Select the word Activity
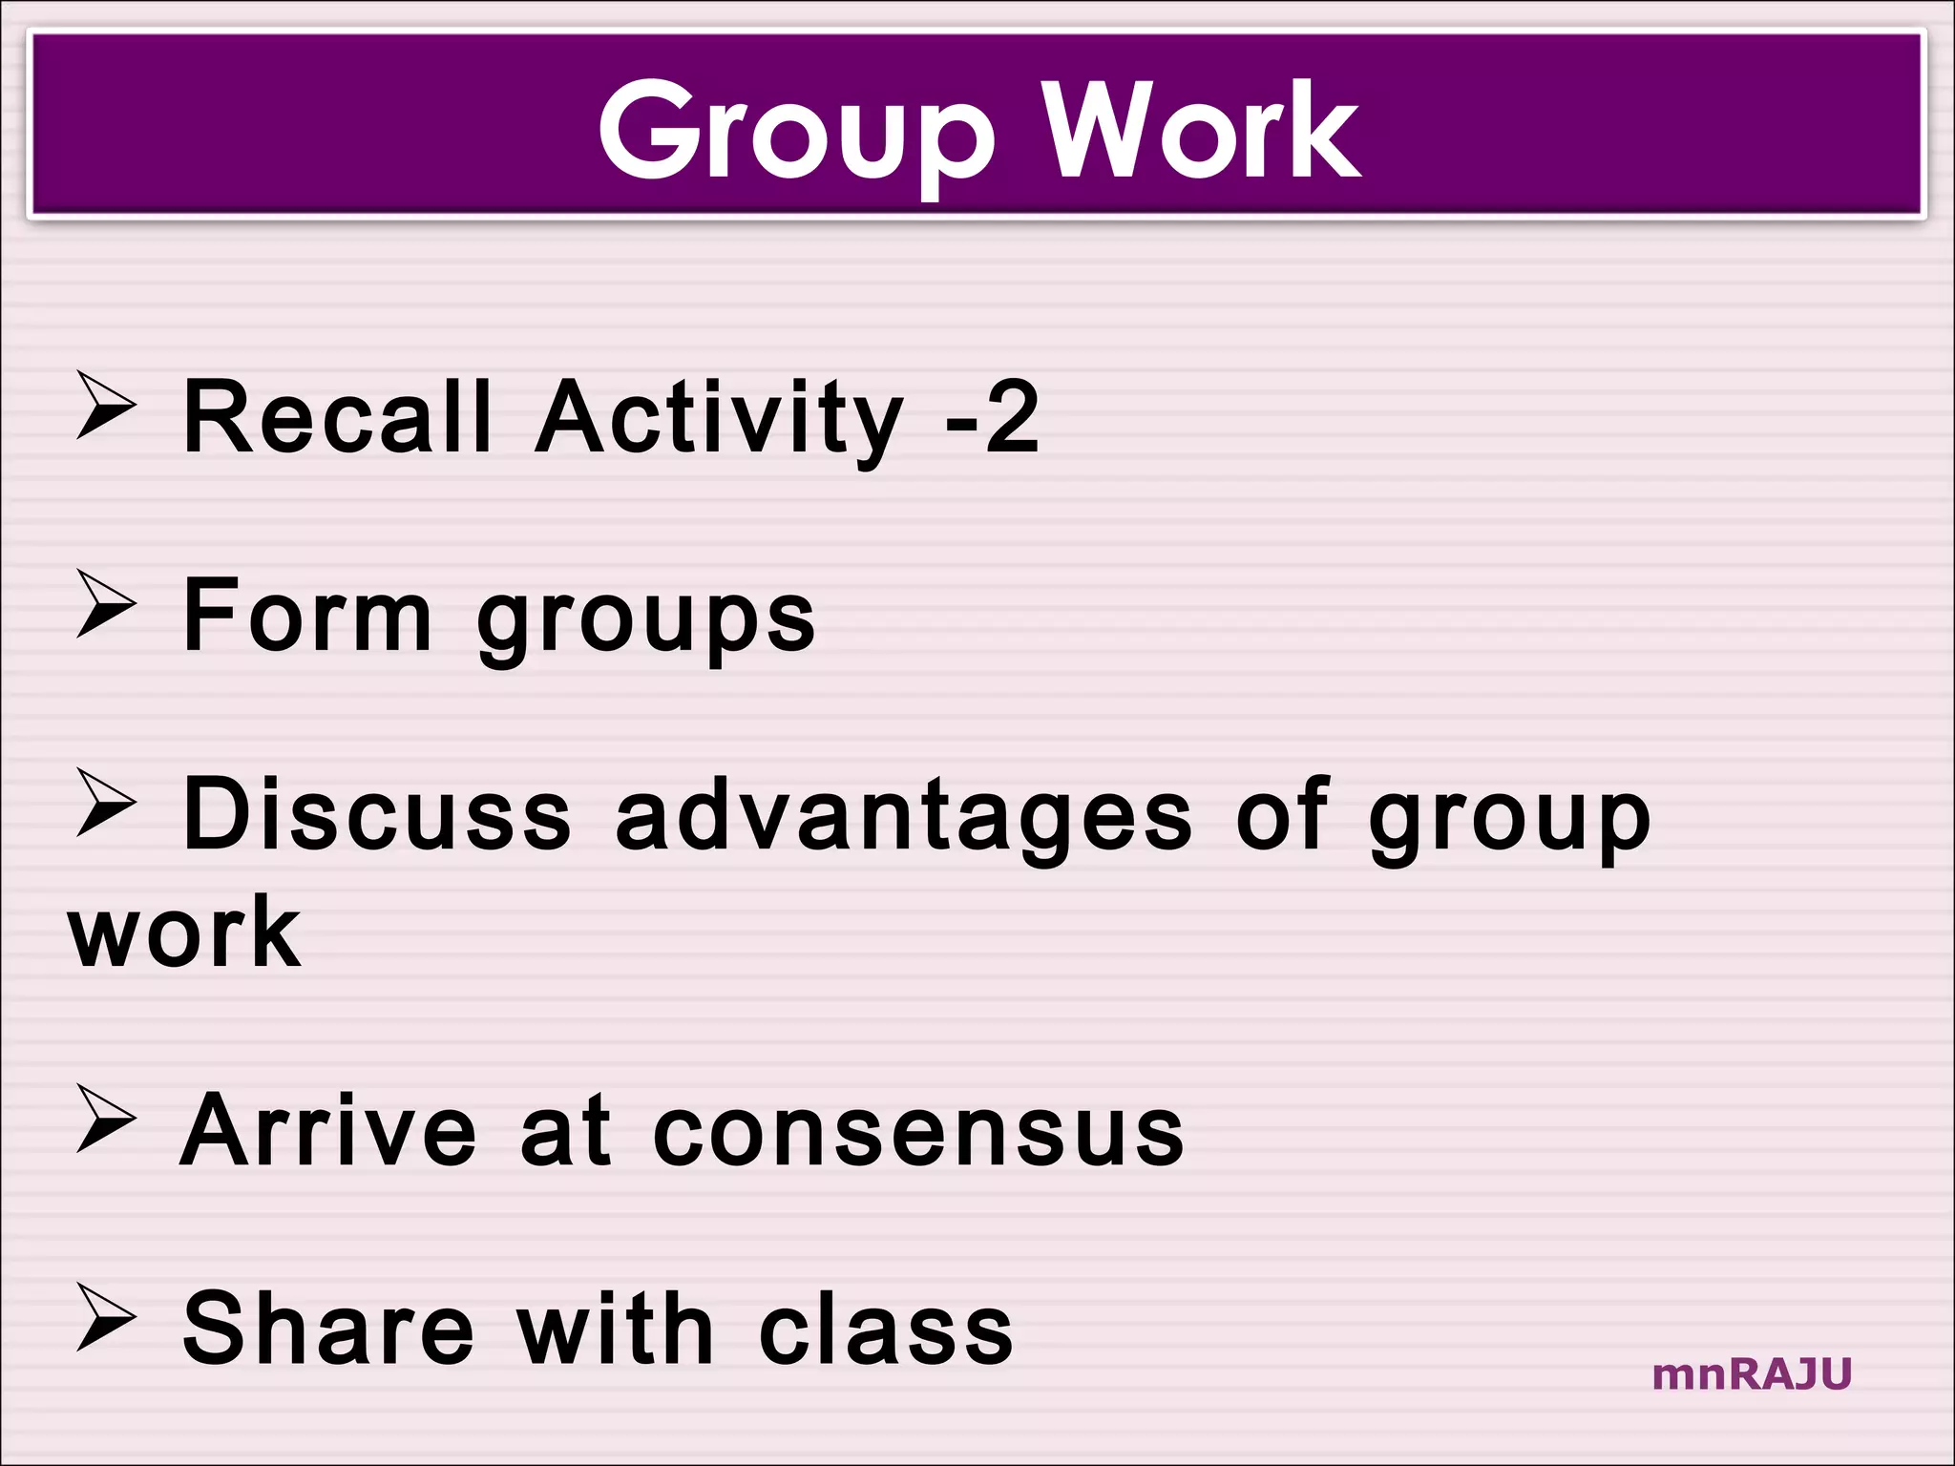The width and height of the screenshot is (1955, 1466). (x=719, y=418)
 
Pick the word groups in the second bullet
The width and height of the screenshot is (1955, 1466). (x=646, y=620)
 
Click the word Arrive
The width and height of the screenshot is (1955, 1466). (x=327, y=1130)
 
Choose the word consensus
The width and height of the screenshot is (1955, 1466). (x=917, y=1132)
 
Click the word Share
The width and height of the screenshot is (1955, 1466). (x=327, y=1329)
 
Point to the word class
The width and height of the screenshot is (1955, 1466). (x=885, y=1330)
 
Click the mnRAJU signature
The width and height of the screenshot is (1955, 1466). (x=1752, y=1374)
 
